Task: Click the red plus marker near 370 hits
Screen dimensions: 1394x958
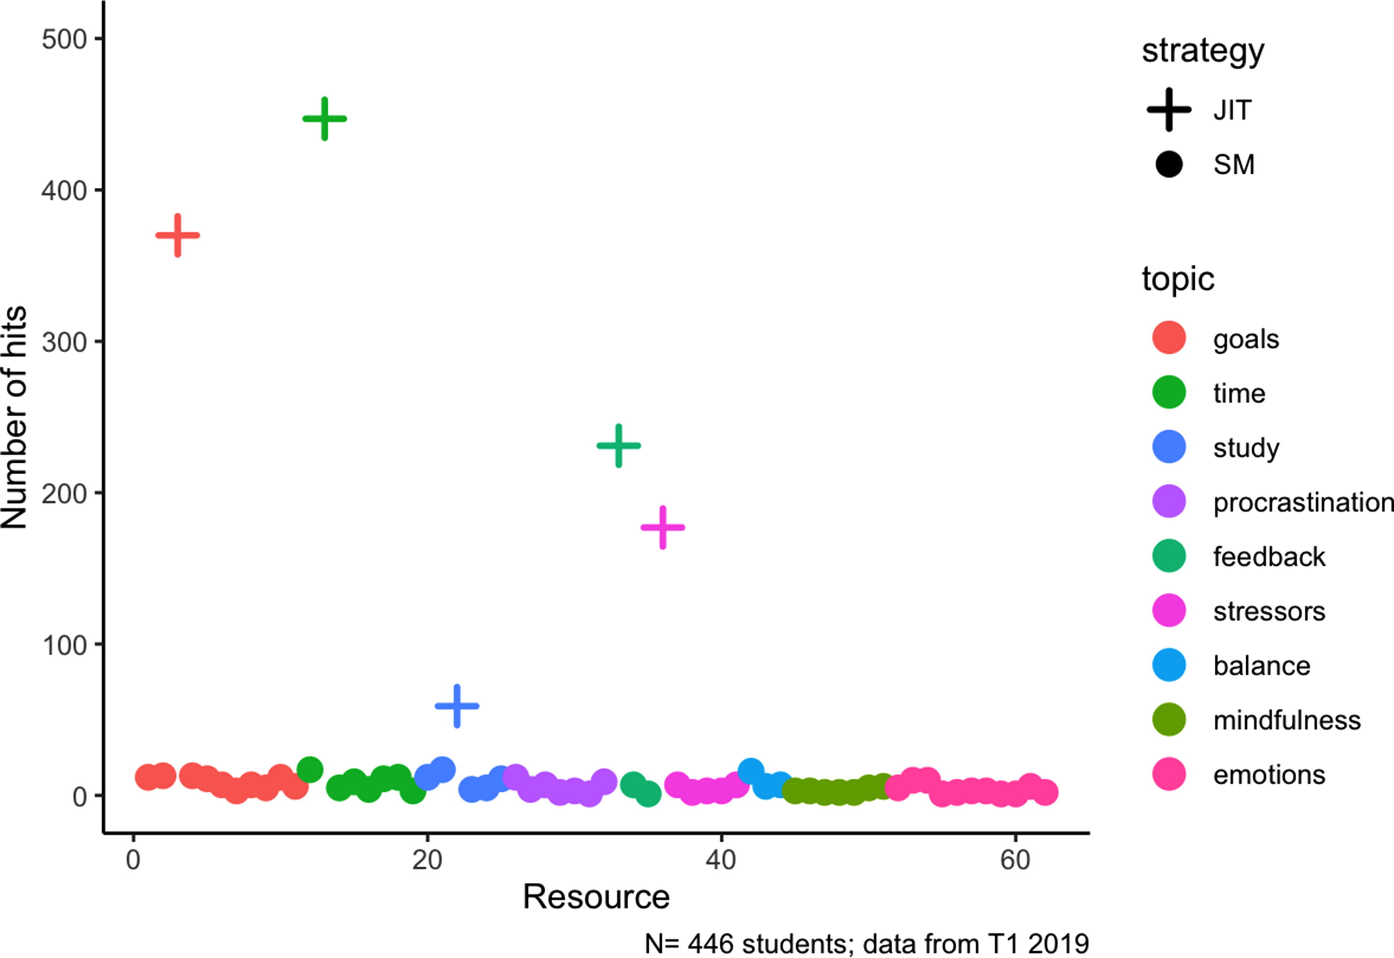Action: pyautogui.click(x=178, y=235)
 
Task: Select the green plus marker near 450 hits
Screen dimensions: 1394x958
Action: pyautogui.click(x=325, y=119)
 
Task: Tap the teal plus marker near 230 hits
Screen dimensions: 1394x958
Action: pyautogui.click(x=618, y=445)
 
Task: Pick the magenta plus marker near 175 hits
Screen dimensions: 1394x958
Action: pyautogui.click(x=663, y=528)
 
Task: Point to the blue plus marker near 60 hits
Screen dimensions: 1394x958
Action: pyautogui.click(x=457, y=706)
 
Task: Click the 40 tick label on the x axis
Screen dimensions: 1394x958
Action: pyautogui.click(x=721, y=860)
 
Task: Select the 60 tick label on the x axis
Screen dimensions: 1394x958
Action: pyautogui.click(x=1014, y=860)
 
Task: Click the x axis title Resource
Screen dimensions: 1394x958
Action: pyautogui.click(x=596, y=897)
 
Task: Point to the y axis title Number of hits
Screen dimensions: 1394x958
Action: pyautogui.click(x=14, y=418)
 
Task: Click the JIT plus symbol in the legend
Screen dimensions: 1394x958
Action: pyautogui.click(x=1169, y=110)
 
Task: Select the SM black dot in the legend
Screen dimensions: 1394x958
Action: pyautogui.click(x=1169, y=164)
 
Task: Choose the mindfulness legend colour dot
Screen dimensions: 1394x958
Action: pyautogui.click(x=1169, y=720)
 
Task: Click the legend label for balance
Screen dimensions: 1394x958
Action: pyautogui.click(x=1262, y=666)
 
